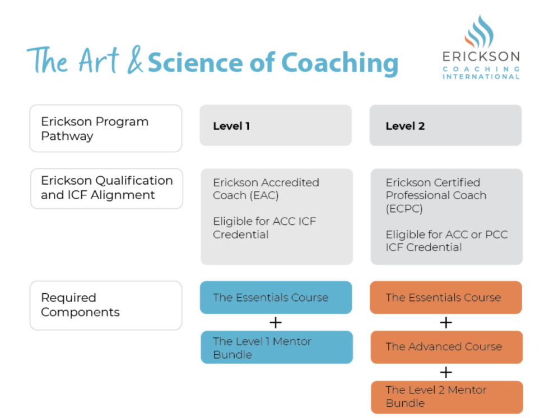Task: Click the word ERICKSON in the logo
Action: click(x=481, y=57)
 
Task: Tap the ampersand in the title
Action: click(x=134, y=62)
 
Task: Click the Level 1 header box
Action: click(x=276, y=126)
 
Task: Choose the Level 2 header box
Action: click(x=445, y=126)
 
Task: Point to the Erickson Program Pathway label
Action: click(x=105, y=129)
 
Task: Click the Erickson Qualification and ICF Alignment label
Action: click(x=106, y=189)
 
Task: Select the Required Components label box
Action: click(x=105, y=306)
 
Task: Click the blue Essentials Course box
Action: click(x=276, y=298)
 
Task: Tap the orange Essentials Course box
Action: click(x=446, y=298)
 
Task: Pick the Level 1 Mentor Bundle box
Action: click(x=276, y=347)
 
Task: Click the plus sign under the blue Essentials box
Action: click(x=276, y=323)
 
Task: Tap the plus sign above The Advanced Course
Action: click(x=446, y=323)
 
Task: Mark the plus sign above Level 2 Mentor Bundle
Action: click(x=446, y=372)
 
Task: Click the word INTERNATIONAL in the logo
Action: click(x=481, y=76)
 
